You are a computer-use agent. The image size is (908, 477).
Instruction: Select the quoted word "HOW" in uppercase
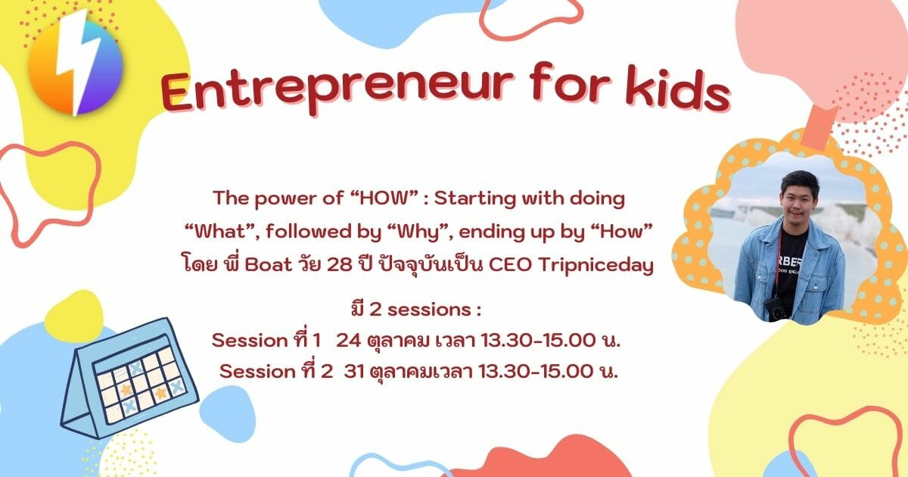tap(382, 198)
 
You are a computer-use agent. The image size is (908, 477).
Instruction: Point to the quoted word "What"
tap(221, 232)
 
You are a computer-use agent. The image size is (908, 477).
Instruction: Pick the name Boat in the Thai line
tap(269, 265)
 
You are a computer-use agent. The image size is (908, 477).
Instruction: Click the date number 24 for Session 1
tap(348, 340)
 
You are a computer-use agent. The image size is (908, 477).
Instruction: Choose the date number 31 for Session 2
tap(354, 371)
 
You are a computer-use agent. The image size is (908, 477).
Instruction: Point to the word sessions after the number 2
tap(429, 310)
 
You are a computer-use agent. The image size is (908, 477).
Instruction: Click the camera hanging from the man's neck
tap(776, 309)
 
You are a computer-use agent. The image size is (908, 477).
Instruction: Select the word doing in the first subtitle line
tap(598, 198)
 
